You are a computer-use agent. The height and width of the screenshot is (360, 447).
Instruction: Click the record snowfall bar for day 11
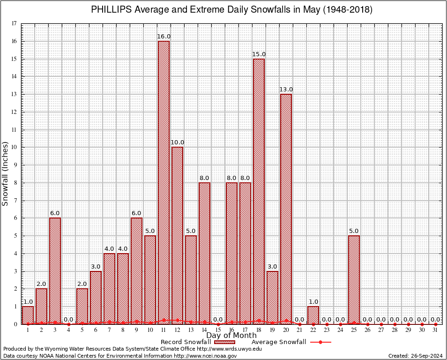click(164, 183)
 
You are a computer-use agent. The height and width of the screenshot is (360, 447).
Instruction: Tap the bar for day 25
click(354, 280)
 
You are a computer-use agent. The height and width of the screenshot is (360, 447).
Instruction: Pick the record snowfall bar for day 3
click(55, 271)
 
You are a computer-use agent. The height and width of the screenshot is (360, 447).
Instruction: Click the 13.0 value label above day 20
click(286, 90)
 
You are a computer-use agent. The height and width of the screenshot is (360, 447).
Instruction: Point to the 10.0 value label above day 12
click(177, 142)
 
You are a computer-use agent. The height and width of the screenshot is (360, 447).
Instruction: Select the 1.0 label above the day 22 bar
click(313, 301)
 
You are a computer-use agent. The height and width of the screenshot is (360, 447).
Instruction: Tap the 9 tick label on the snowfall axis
click(15, 165)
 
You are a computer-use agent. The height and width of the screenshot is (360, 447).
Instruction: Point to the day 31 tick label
click(435, 330)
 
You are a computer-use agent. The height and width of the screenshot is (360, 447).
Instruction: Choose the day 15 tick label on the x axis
click(218, 330)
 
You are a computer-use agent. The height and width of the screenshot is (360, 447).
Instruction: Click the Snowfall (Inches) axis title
click(6, 173)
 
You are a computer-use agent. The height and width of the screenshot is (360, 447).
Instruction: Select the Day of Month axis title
click(231, 336)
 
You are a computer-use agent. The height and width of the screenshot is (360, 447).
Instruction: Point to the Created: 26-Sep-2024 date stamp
click(415, 356)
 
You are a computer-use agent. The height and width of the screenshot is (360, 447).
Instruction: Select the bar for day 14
click(204, 253)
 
